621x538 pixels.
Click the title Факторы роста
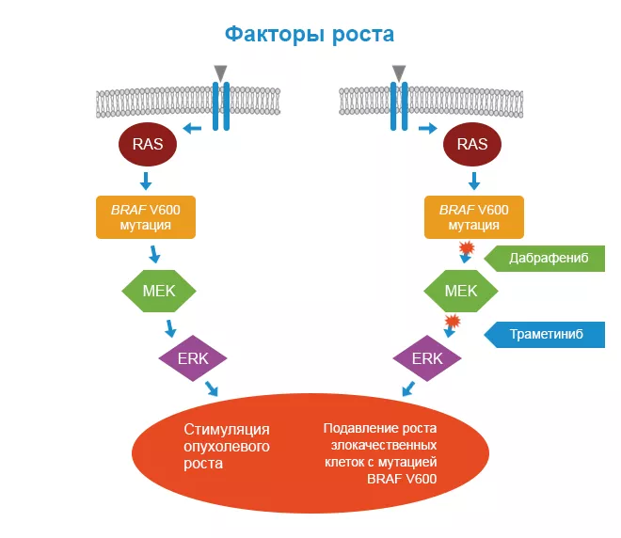click(310, 35)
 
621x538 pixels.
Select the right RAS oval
click(471, 144)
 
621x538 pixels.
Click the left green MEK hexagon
click(159, 291)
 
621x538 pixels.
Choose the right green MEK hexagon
click(461, 291)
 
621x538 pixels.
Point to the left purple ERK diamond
click(192, 358)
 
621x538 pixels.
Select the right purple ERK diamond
click(427, 358)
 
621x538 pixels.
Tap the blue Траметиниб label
click(545, 333)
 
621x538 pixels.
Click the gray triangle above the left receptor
click(220, 72)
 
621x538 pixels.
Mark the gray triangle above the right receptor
click(399, 72)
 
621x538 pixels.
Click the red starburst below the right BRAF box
click(465, 248)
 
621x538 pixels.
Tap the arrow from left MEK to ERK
click(171, 328)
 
